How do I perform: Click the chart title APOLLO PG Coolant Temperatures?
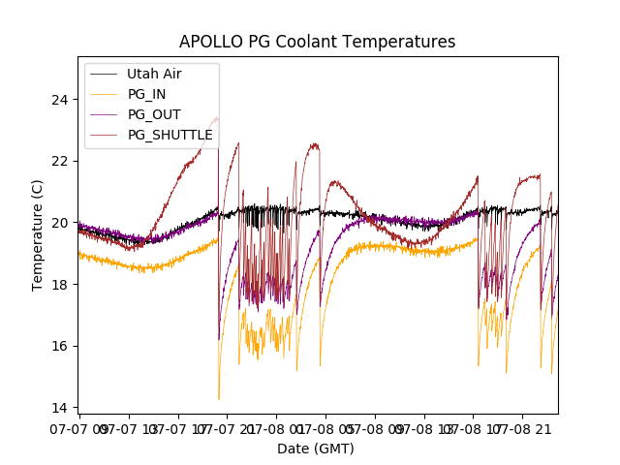[x=317, y=43]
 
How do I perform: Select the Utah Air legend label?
[x=154, y=74]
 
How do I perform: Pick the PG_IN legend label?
[x=147, y=94]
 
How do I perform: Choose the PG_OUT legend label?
[x=154, y=114]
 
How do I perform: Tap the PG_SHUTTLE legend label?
[x=170, y=135]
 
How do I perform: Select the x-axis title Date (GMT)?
[x=316, y=449]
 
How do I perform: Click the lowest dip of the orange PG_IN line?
[x=219, y=398]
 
